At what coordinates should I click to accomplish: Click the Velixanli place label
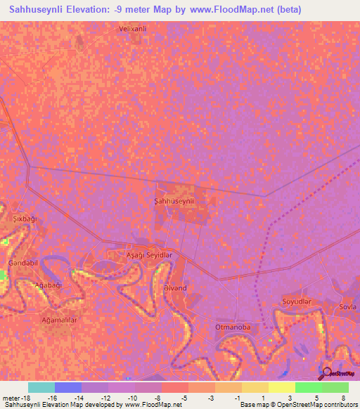coord(132,29)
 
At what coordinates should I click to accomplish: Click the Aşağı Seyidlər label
coord(148,254)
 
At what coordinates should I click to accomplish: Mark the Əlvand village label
coord(174,288)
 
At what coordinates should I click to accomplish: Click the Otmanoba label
coord(232,327)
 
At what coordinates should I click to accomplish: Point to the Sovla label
coord(347,306)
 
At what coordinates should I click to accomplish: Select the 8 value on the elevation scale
coord(343,397)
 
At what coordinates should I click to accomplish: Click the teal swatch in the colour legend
coord(41,387)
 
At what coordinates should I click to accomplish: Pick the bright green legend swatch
coord(308,387)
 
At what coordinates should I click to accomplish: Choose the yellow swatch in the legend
coord(281,387)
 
